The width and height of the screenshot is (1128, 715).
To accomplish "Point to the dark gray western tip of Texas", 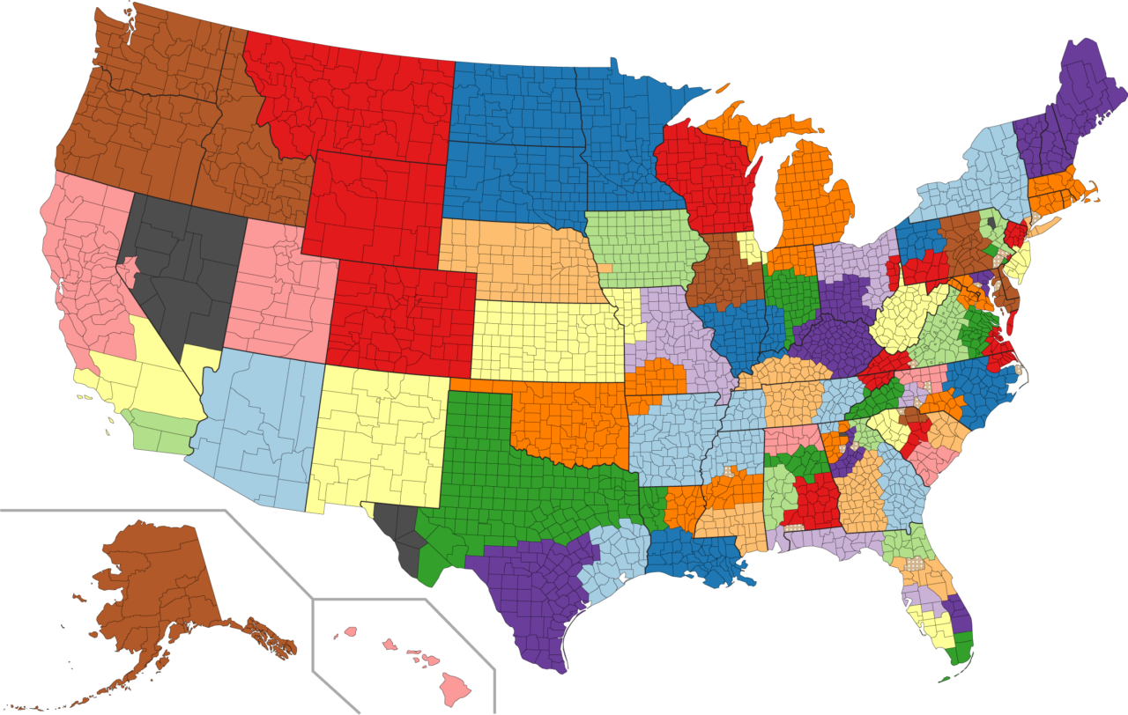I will pyautogui.click(x=397, y=533).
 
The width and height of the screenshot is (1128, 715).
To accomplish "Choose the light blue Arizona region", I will pyautogui.click(x=256, y=423).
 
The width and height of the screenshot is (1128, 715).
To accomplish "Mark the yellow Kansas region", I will pyautogui.click(x=542, y=339).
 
